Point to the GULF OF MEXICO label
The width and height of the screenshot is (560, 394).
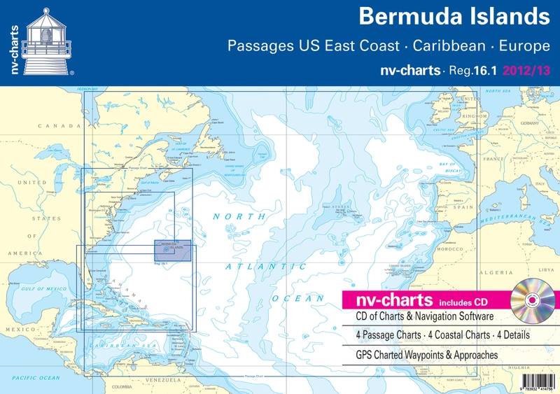44,289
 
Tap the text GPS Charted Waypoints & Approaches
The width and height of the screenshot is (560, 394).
421,355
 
